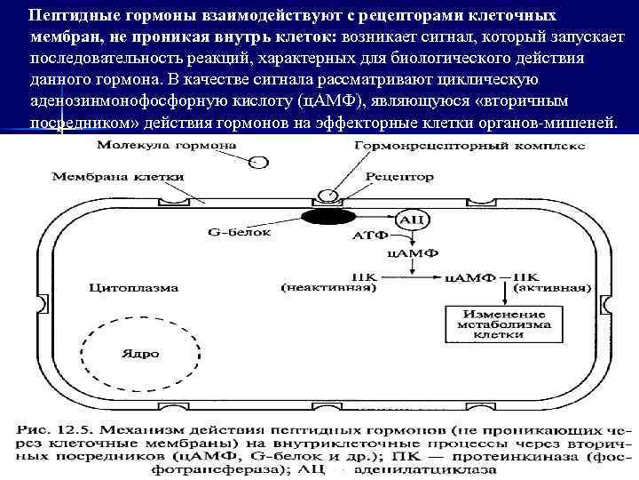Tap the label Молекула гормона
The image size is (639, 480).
coord(150,145)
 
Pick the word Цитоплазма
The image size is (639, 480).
coord(134,287)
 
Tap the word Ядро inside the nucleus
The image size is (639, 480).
coord(139,353)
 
